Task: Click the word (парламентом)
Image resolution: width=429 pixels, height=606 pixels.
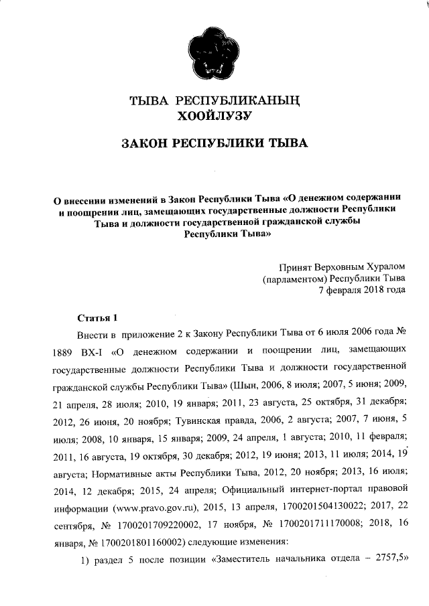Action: (x=292, y=278)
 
